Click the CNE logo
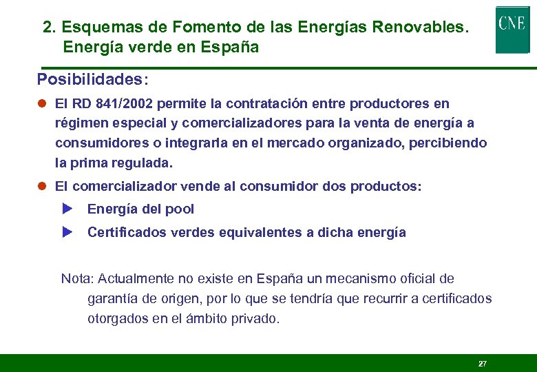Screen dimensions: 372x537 click(512, 29)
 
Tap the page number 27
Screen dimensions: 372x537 click(482, 363)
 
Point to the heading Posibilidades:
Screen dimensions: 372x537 click(92, 79)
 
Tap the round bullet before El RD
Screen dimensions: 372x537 click(41, 104)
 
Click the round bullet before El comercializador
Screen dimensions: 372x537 click(41, 187)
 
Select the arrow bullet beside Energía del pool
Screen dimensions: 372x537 click(67, 209)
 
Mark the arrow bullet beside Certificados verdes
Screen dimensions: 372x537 click(67, 232)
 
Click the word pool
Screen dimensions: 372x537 click(181, 209)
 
